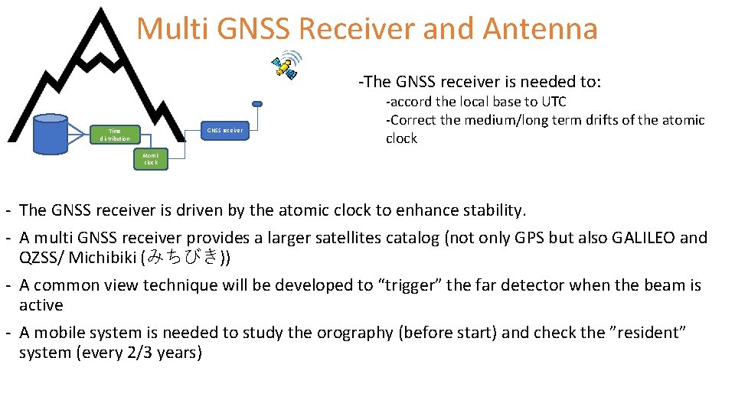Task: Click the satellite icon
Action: point(286,66)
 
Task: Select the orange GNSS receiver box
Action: point(224,130)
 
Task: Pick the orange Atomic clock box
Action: point(150,159)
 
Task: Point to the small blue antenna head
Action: point(257,103)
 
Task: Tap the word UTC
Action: point(554,102)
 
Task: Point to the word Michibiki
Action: point(103,258)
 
